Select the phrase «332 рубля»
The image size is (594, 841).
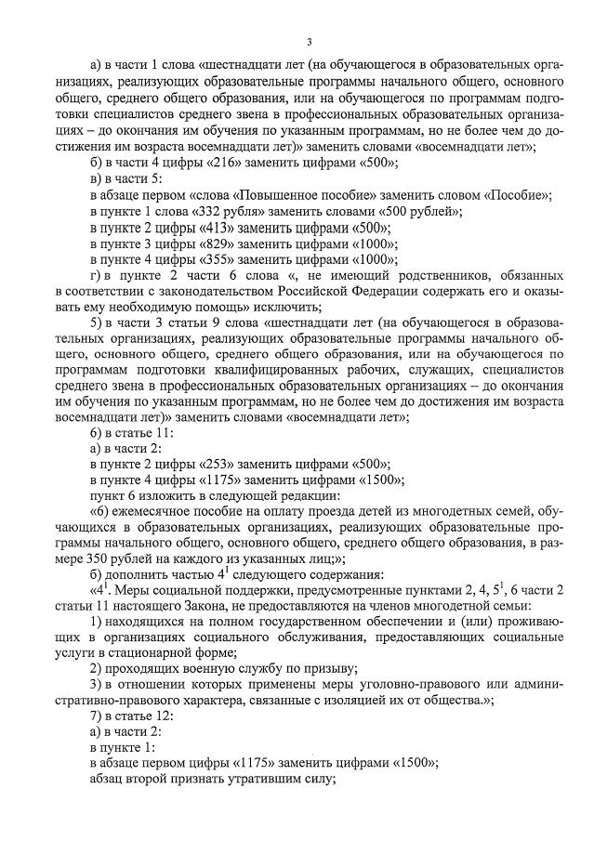[x=228, y=211]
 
